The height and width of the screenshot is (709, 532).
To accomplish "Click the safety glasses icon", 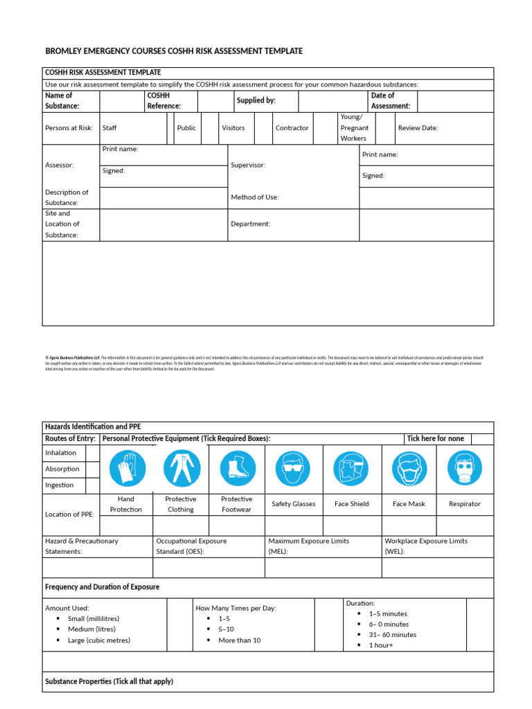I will point(294,468).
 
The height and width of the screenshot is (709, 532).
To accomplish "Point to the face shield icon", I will point(351,468).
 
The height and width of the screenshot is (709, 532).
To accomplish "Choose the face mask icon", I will point(409,468).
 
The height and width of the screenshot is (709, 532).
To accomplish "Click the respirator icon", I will point(464,468).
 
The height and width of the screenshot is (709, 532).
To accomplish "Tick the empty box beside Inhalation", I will point(93,453).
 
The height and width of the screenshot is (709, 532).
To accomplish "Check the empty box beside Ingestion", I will point(93,485).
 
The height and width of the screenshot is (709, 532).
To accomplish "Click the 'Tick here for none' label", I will point(435,438).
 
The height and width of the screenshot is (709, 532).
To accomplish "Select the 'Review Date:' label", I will point(418,128).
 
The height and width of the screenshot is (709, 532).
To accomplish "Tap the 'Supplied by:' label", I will point(256,100).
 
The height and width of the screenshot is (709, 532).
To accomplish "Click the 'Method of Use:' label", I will point(254,197).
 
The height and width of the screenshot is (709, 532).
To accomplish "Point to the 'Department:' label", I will point(250,224).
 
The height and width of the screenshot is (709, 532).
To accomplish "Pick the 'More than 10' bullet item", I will point(239,640).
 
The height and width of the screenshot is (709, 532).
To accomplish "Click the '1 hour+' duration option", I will point(380,645).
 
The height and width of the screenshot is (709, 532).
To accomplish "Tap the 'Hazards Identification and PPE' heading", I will point(93,427).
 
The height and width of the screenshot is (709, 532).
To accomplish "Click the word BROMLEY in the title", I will point(63,51).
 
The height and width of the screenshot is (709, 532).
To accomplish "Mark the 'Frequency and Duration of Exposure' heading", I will point(102,587).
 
